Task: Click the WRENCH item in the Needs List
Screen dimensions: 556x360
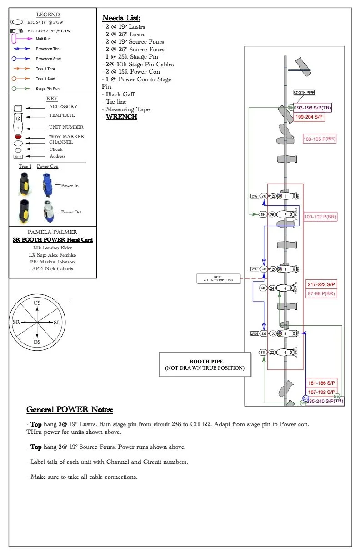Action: (121, 117)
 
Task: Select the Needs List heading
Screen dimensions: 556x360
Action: (121, 18)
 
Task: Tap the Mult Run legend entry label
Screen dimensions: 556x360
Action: (45, 39)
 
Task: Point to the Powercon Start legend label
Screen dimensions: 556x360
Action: (48, 59)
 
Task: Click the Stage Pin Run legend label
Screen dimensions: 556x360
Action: (47, 89)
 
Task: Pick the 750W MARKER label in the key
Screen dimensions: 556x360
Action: (66, 136)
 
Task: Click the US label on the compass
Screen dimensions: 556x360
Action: (37, 303)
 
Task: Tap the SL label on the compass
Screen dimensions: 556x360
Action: (57, 322)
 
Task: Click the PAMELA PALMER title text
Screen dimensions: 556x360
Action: (53, 232)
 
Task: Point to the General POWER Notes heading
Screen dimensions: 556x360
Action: (70, 409)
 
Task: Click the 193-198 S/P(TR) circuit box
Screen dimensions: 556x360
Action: (312, 108)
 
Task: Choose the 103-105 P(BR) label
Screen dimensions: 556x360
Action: (320, 139)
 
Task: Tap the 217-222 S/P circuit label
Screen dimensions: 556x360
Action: (321, 284)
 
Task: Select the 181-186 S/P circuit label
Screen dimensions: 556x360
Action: (321, 383)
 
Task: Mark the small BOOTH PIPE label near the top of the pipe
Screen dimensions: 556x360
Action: (304, 93)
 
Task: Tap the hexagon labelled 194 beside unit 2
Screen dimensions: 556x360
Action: (263, 214)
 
